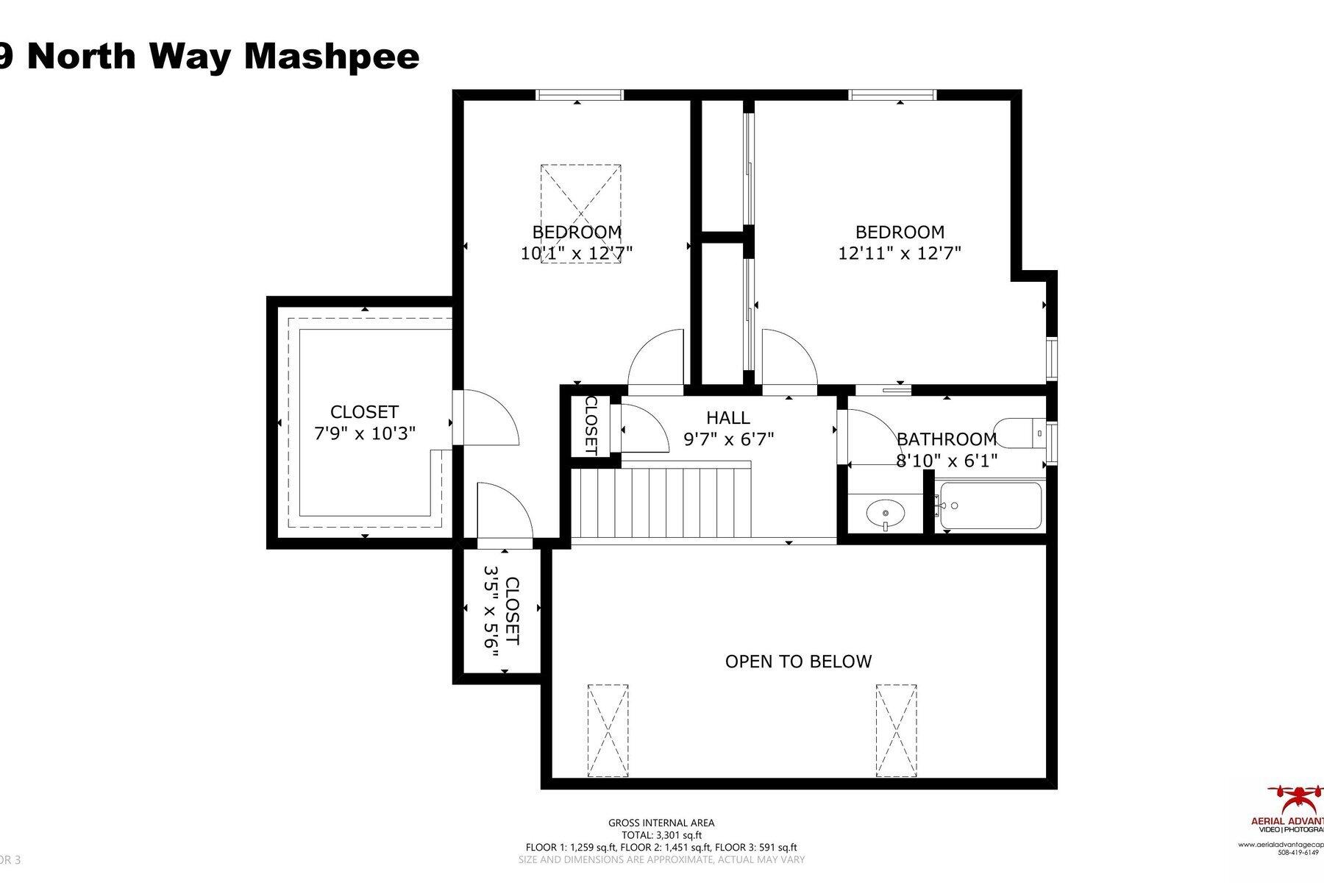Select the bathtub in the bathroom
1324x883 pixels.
[991, 506]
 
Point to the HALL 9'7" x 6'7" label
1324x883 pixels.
[728, 428]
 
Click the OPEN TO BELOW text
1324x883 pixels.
[798, 662]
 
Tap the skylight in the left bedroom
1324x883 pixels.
[580, 214]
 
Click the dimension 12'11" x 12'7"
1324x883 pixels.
[900, 254]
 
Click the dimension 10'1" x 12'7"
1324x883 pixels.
[577, 254]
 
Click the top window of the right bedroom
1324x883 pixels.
[892, 94]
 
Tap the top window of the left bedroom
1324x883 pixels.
[580, 94]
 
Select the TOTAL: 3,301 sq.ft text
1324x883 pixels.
[661, 835]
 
